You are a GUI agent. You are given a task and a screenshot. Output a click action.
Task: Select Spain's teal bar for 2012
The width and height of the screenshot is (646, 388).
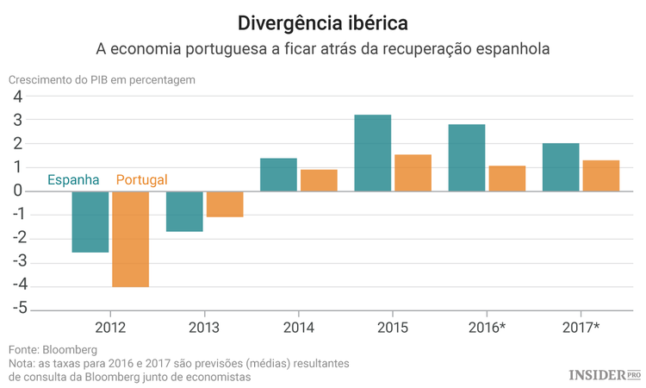[90, 222]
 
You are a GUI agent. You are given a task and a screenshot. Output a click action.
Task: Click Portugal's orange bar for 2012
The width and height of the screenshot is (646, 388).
[131, 239]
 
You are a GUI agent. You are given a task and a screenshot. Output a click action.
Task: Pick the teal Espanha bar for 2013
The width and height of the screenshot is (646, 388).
[184, 211]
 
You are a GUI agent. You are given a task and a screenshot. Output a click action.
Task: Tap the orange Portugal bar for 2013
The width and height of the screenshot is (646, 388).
[225, 203]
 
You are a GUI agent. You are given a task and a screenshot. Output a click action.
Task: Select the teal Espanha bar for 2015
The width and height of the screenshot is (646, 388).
[373, 153]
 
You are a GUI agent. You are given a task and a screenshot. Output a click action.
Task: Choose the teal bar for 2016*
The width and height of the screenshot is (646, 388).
[467, 158]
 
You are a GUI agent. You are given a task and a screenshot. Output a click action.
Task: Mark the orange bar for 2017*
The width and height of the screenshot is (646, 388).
[600, 175]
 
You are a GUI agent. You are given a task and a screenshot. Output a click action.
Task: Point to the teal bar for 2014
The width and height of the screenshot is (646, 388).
[278, 174]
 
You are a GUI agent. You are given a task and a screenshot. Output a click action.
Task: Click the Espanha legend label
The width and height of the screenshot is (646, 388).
[73, 180]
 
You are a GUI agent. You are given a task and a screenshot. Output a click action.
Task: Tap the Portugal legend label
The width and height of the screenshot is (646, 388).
[141, 180]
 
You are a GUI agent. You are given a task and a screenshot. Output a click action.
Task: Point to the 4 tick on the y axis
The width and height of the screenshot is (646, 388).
[17, 97]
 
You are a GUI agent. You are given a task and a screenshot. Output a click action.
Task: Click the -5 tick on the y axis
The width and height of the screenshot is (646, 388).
[15, 309]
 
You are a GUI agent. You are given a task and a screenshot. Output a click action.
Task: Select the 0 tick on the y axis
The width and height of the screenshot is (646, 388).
[17, 191]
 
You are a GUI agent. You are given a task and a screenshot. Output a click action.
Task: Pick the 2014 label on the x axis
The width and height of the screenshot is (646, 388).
[298, 327]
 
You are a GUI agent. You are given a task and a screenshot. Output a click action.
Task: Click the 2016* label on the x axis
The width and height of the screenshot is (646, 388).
[486, 327]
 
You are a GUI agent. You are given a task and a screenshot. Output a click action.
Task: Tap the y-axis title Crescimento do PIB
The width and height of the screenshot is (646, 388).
[102, 79]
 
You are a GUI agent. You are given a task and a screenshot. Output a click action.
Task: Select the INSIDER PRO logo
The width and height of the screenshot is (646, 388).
[605, 375]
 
